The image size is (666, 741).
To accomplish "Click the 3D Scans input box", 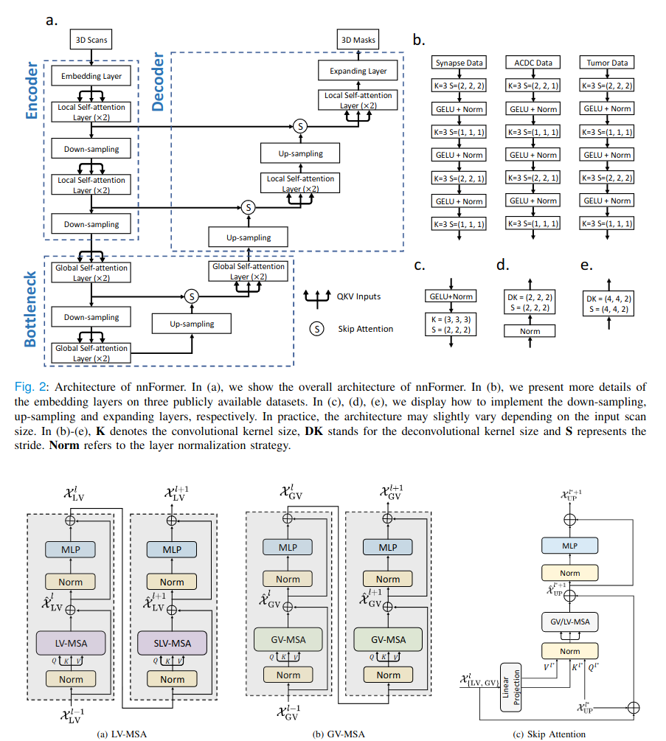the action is click(91, 40).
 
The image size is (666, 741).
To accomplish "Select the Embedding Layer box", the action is click(91, 76).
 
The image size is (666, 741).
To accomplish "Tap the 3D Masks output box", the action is click(358, 40).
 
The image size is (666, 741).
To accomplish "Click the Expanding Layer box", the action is click(358, 71).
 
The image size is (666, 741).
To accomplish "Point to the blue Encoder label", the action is click(32, 90).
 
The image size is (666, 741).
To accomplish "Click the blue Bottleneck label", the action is click(30, 309).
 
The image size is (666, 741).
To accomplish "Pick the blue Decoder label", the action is click(158, 82).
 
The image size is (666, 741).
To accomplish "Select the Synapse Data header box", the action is click(459, 63).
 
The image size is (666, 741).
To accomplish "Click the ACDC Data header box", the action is click(533, 63).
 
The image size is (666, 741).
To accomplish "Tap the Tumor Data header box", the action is click(607, 63).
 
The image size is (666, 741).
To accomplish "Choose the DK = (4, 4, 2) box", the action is click(608, 304).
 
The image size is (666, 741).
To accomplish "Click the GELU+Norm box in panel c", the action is click(451, 296).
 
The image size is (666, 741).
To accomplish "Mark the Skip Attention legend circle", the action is click(316, 329).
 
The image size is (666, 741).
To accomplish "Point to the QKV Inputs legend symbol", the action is click(316, 298).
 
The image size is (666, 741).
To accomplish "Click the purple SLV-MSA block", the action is click(172, 643).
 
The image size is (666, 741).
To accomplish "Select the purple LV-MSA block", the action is click(71, 643).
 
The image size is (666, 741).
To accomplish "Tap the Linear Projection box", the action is click(510, 687).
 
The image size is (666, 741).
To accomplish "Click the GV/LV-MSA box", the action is click(569, 622).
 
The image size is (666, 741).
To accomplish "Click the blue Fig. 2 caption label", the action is click(30, 386).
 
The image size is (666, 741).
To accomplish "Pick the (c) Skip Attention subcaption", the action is click(549, 734).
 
